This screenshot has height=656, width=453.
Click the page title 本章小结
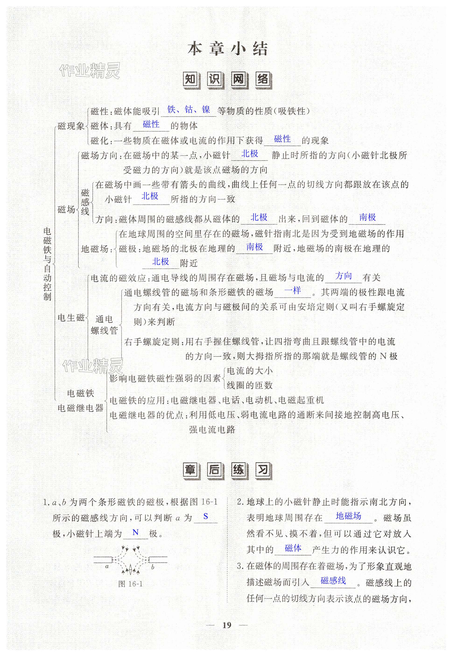pos(227,49)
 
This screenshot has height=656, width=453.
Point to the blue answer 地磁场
pos(348,516)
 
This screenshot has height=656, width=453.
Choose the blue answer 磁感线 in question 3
pos(333,580)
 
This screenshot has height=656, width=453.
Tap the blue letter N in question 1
pos(135,532)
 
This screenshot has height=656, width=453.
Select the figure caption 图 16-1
pos(130,584)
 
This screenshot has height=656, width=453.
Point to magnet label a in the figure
pos(107,567)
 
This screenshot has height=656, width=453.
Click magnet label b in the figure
pos(153,567)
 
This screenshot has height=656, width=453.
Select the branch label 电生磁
pos(71,317)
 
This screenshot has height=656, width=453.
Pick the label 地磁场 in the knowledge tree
pos(95,249)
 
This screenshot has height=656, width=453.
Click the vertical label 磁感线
pos(85,202)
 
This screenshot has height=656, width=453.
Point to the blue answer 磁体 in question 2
pos(293,548)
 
